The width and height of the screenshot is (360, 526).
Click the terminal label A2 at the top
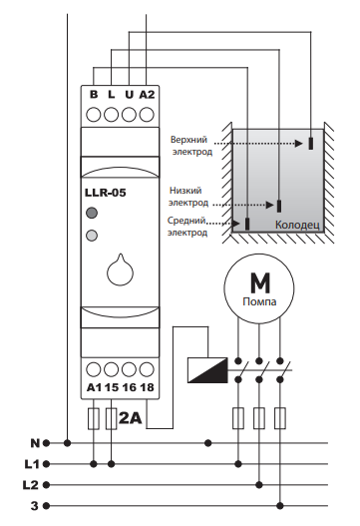(147, 95)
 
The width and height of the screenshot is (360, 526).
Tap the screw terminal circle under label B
(93, 115)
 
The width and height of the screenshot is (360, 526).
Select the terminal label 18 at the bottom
(147, 387)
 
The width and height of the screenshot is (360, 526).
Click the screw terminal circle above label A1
(93, 369)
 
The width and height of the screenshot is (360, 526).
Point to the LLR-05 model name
(106, 193)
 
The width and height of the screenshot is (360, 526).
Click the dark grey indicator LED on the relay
(92, 213)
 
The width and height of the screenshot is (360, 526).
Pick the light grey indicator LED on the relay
(92, 236)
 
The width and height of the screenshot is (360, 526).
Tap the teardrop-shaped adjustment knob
(120, 270)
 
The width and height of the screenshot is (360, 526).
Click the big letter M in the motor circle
(259, 283)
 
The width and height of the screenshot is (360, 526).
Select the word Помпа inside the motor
(259, 301)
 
